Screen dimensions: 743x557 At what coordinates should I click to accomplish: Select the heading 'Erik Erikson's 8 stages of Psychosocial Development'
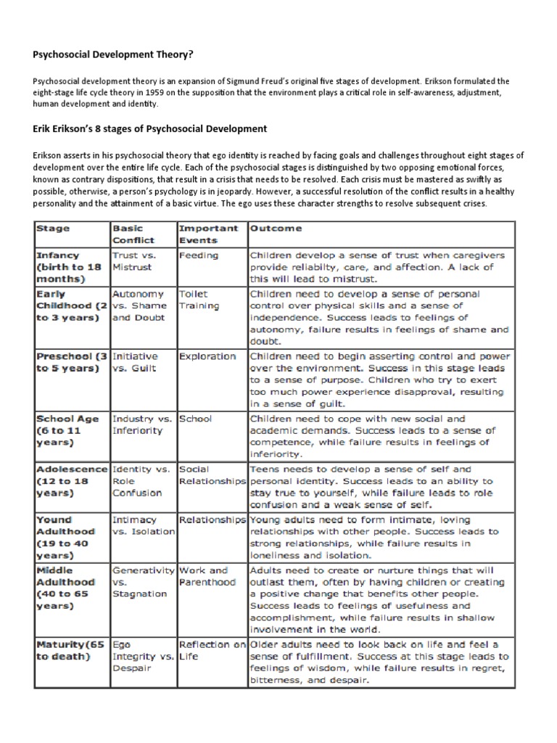(149, 128)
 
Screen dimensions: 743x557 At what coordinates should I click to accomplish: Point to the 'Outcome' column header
(276, 229)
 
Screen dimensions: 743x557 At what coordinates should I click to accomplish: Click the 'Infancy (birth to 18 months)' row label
(67, 267)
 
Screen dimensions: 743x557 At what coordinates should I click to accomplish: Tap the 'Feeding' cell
(198, 255)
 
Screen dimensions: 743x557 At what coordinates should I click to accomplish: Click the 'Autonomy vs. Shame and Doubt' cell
(139, 305)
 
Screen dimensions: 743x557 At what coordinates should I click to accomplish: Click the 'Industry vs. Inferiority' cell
(141, 424)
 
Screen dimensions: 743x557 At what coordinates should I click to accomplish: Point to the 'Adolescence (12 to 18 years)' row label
(69, 481)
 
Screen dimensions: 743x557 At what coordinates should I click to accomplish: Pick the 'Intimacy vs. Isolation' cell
(143, 525)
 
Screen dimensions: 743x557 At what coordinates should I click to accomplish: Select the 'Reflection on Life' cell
(212, 650)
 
